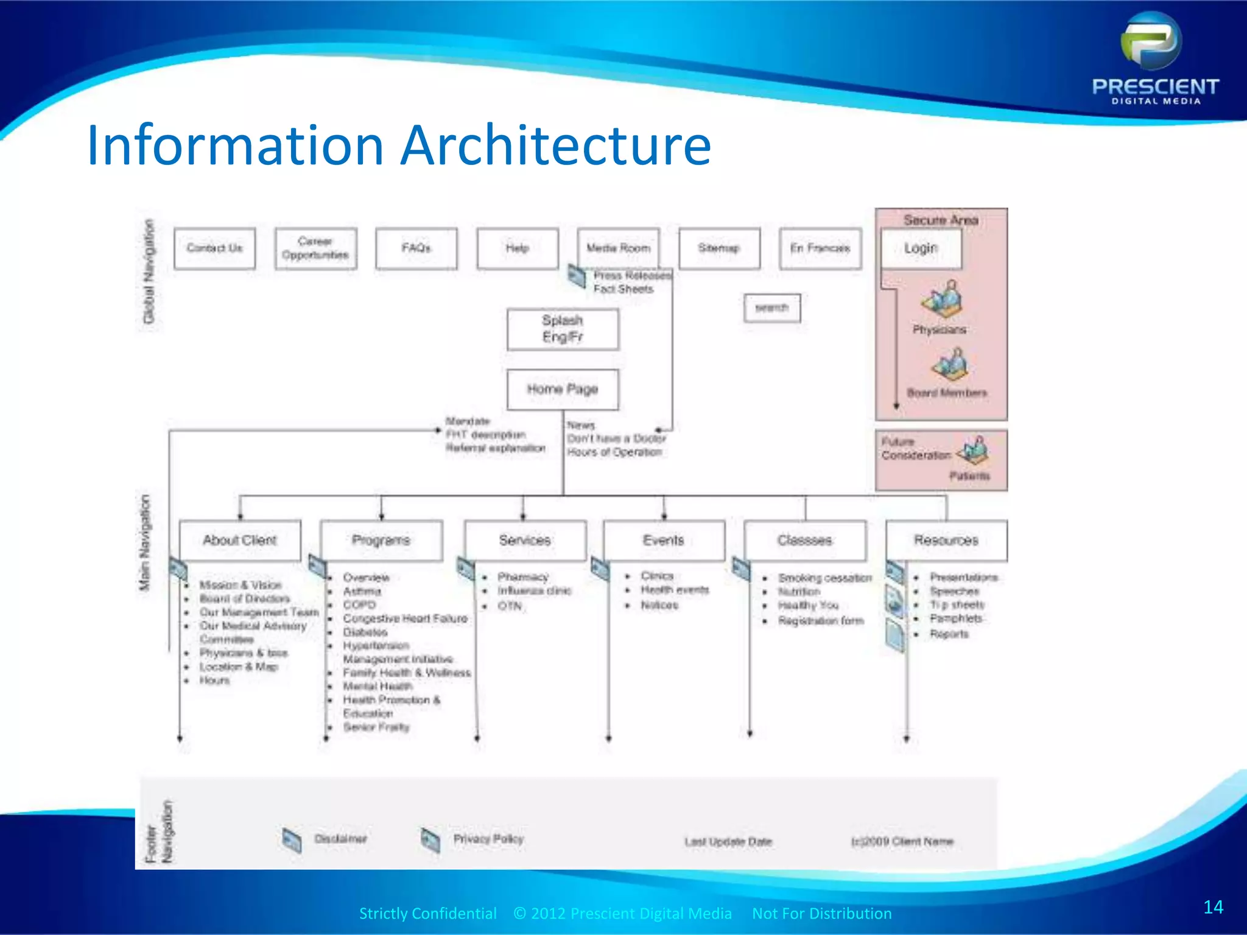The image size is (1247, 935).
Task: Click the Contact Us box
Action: tap(214, 248)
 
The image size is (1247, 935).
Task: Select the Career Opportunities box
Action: tap(315, 248)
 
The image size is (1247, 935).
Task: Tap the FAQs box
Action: tap(416, 248)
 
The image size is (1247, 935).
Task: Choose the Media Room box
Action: tap(618, 248)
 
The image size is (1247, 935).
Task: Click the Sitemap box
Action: tap(719, 248)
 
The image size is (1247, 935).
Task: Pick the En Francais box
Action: tap(820, 248)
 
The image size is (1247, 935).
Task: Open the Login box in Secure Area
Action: tap(921, 248)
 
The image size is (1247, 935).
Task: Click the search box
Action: tap(772, 308)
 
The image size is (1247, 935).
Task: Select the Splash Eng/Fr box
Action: tap(563, 329)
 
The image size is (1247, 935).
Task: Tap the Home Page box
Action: tap(563, 389)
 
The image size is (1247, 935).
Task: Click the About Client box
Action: tap(240, 540)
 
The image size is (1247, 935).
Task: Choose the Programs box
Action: tap(381, 540)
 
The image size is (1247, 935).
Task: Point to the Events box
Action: tap(664, 540)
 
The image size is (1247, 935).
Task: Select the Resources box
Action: tap(946, 540)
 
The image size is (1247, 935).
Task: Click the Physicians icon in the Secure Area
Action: tap(941, 298)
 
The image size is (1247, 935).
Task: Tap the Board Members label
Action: tap(947, 393)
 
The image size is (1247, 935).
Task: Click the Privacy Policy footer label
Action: tap(488, 839)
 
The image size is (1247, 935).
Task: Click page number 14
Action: tap(1213, 907)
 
